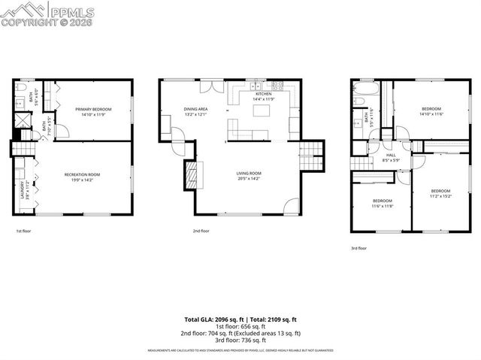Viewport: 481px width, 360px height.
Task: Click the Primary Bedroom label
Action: (x=94, y=110)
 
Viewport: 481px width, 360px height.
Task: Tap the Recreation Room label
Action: (x=82, y=175)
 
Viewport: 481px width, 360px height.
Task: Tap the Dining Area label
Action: (x=195, y=110)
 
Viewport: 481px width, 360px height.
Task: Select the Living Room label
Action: (x=247, y=175)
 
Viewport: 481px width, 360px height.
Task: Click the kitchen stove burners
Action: (x=277, y=84)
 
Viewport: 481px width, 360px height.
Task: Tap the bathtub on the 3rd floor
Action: (x=358, y=97)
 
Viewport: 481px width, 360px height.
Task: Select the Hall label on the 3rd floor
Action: (x=390, y=156)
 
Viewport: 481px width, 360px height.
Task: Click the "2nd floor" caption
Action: (x=201, y=231)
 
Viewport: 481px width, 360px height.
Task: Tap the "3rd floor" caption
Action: (x=359, y=248)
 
